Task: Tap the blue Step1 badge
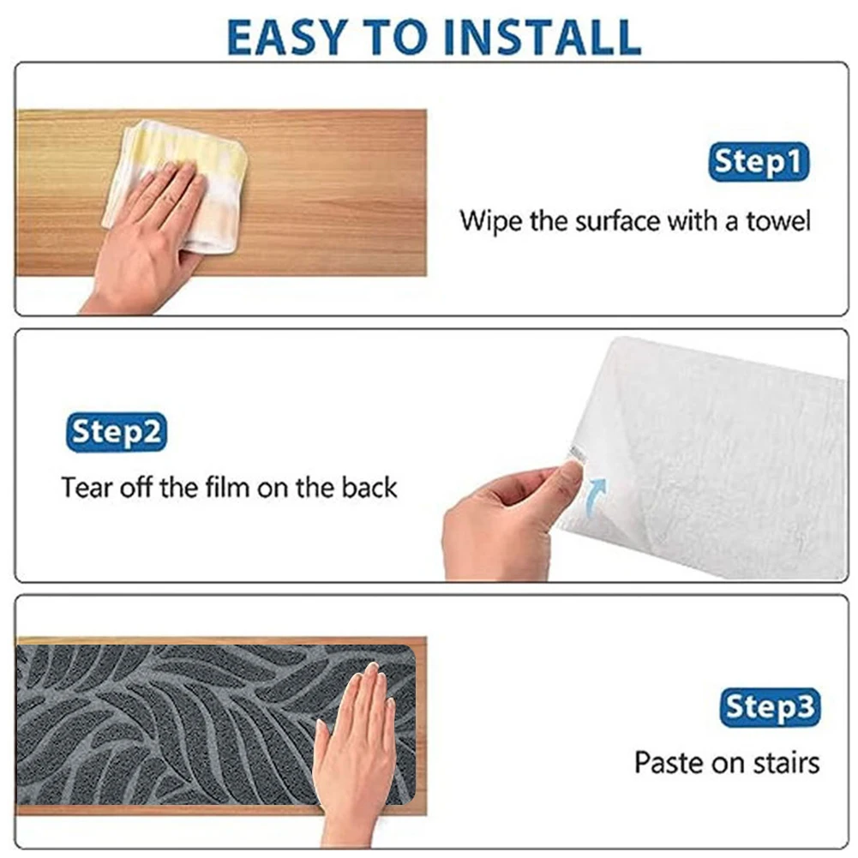coord(759,162)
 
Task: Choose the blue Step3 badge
coord(769,708)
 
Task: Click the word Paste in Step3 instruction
coord(670,762)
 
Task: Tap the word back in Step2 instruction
coord(369,488)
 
